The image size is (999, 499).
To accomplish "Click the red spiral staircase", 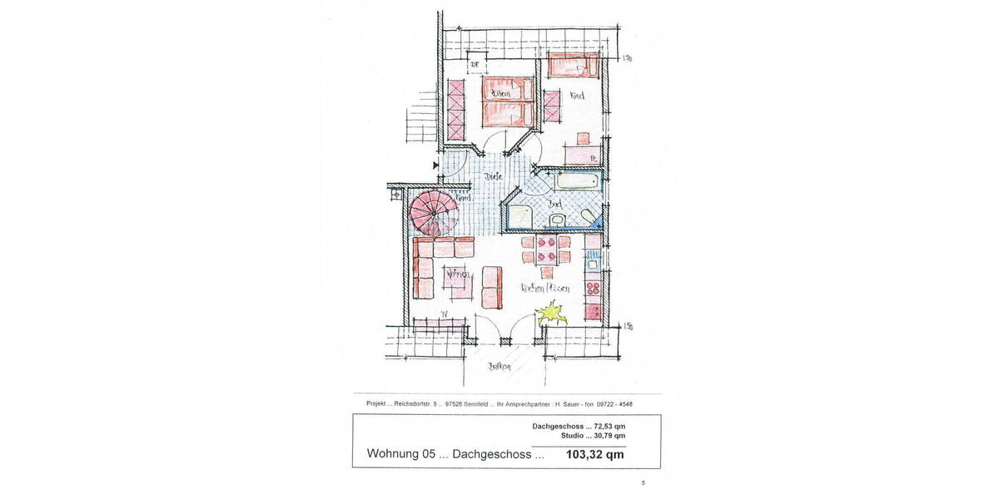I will (x=433, y=211).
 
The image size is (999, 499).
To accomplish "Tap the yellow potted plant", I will (x=549, y=314).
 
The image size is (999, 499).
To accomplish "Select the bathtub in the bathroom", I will (x=568, y=180).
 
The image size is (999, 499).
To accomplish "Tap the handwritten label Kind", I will (x=576, y=96).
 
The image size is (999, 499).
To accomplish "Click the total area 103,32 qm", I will (x=594, y=455).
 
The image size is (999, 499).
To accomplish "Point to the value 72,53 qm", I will (x=607, y=426).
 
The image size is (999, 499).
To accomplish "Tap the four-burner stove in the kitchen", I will (x=594, y=289).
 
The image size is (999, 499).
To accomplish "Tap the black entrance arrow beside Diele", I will (x=435, y=166).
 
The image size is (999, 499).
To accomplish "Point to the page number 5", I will (x=643, y=482).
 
